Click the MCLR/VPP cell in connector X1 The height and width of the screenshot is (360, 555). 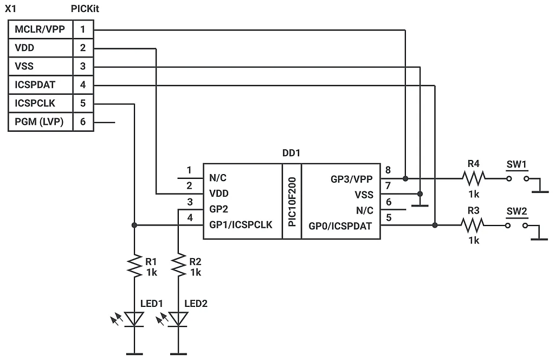[40, 29]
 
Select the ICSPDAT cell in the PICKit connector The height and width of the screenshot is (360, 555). [40, 85]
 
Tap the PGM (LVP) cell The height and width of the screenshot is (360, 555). [40, 122]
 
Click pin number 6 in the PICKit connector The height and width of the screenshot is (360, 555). [83, 122]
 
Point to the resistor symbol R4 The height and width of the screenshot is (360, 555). [474, 177]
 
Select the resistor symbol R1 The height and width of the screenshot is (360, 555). [134, 266]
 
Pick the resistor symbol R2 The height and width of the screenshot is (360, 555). [178, 266]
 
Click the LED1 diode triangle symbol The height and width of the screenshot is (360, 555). [134, 319]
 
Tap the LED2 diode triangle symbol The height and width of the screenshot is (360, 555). [178, 319]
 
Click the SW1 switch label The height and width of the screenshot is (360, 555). [517, 164]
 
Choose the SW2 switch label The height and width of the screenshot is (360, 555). [517, 211]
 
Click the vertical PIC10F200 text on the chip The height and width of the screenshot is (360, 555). [292, 201]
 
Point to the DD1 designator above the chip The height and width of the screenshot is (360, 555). [291, 153]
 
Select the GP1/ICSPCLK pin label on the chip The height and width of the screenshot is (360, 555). [241, 225]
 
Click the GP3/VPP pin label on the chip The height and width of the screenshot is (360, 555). [352, 178]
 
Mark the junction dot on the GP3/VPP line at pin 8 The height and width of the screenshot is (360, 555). [405, 178]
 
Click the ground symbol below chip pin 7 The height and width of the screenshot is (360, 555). [420, 204]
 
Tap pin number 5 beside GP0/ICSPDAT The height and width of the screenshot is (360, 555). [388, 217]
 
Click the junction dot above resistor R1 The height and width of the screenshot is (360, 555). [134, 225]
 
